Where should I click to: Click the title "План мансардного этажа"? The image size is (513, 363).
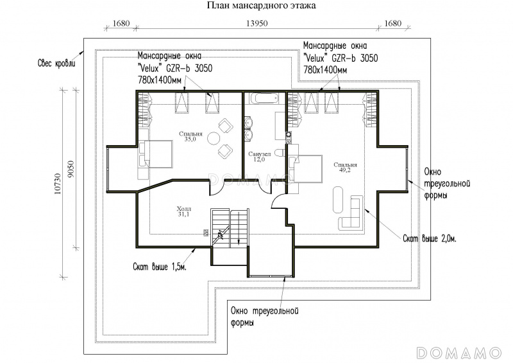[262, 5]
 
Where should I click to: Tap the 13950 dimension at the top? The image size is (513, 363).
[257, 23]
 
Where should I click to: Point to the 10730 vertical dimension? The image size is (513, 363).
[58, 184]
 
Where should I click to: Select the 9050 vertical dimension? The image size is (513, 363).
[72, 169]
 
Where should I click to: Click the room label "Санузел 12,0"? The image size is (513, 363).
[260, 157]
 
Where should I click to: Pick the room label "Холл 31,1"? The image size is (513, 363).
[183, 211]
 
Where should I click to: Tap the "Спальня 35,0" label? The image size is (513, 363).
[190, 136]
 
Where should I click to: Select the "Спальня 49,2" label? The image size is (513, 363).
[345, 167]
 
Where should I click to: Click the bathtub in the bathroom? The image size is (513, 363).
[265, 98]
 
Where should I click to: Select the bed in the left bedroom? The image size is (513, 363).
[156, 154]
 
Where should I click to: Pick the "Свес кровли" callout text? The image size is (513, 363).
[56, 63]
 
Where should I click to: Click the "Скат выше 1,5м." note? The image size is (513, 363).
[160, 267]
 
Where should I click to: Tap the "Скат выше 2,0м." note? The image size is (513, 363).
[429, 238]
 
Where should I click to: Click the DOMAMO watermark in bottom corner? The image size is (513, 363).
[459, 353]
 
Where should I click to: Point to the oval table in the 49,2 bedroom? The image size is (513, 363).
[339, 200]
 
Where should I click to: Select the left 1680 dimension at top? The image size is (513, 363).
[121, 23]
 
